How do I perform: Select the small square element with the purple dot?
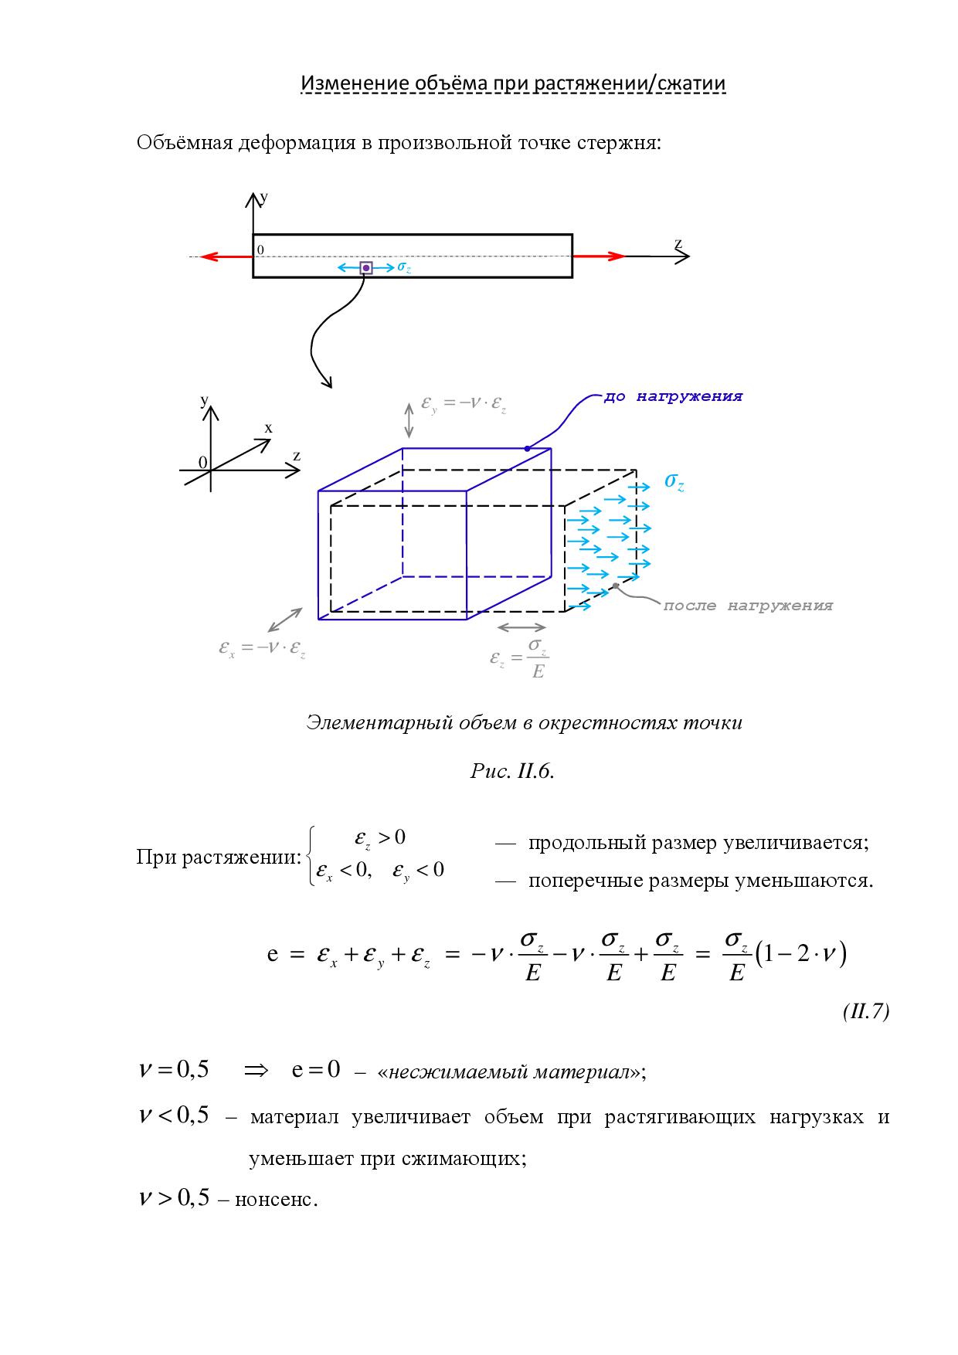366,268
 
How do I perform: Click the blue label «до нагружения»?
673,397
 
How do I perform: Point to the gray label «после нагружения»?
748,606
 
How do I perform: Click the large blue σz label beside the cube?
674,483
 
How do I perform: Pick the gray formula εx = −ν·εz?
262,650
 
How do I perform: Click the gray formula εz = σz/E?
520,657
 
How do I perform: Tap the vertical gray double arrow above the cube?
409,419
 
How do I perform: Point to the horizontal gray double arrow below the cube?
521,627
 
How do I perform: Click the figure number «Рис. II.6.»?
512,772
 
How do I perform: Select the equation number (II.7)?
866,1012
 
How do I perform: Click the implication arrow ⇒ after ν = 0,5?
256,1071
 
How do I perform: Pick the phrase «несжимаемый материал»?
511,1072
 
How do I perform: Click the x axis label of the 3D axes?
269,428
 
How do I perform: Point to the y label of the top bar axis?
264,198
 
